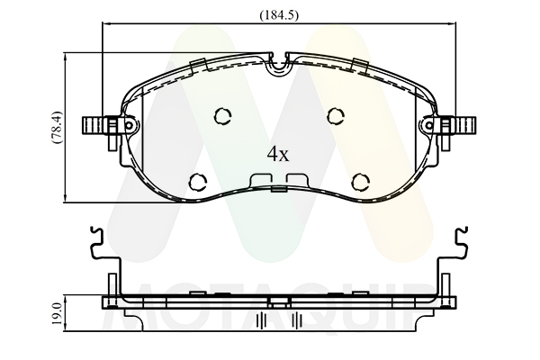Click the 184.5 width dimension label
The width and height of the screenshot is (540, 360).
tap(279, 15)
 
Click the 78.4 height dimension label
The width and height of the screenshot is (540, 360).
tap(57, 127)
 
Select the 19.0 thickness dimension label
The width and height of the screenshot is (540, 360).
tap(58, 313)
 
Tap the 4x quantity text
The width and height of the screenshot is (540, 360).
tap(278, 154)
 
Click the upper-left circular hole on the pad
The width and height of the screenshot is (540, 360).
tap(222, 116)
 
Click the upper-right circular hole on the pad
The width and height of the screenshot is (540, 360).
tap(336, 116)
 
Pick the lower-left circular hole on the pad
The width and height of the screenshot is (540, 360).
tap(198, 181)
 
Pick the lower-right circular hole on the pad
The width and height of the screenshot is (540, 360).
tap(361, 181)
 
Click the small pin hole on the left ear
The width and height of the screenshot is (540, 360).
tap(129, 125)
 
